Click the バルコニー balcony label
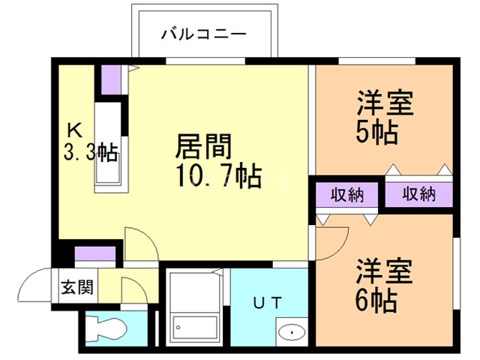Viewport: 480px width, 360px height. [x=203, y=33]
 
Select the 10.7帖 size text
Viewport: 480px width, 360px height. [x=217, y=178]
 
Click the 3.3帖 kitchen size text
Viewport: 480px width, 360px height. [x=89, y=154]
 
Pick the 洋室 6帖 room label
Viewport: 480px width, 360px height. [x=385, y=287]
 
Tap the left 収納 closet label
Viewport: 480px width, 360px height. [x=346, y=195]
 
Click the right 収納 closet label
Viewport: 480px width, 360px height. [x=419, y=195]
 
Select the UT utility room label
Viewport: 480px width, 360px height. [x=267, y=304]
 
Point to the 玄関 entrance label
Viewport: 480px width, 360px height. [x=76, y=286]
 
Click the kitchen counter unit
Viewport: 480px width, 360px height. [x=109, y=142]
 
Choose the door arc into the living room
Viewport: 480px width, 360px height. [x=139, y=244]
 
